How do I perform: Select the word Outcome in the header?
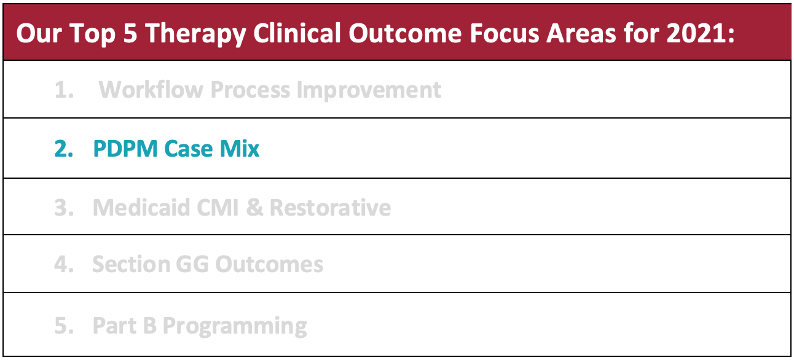pyautogui.click(x=405, y=33)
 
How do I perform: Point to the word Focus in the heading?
pyautogui.click(x=505, y=33)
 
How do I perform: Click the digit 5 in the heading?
pyautogui.click(x=130, y=33)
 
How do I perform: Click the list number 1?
pyautogui.click(x=64, y=89)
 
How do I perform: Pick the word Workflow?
pyautogui.click(x=151, y=89)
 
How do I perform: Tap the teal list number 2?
pyautogui.click(x=64, y=149)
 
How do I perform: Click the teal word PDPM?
pyautogui.click(x=125, y=149)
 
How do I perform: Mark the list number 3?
pyautogui.click(x=64, y=207)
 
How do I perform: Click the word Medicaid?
pyautogui.click(x=141, y=207)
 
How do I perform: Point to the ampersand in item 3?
pyautogui.click(x=254, y=207)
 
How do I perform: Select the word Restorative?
pyautogui.click(x=331, y=207)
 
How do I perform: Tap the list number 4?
pyautogui.click(x=64, y=264)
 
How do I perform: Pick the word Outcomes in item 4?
pyautogui.click(x=269, y=264)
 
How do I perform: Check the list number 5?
pyautogui.click(x=64, y=326)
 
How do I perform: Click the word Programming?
pyautogui.click(x=235, y=326)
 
